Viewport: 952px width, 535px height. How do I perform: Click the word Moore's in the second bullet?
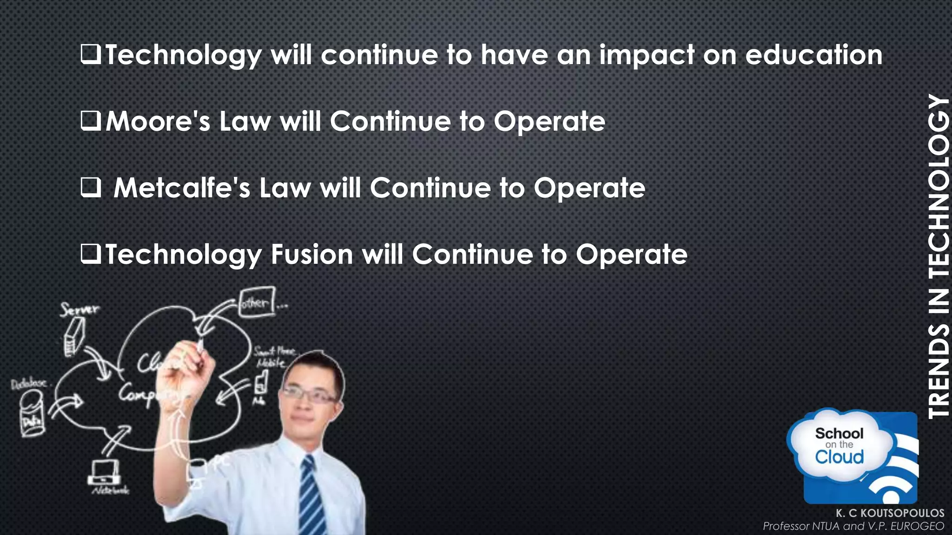158,122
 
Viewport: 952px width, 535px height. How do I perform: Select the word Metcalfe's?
182,188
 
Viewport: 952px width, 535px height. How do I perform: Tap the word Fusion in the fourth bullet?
312,254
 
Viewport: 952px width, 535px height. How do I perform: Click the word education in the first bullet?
813,55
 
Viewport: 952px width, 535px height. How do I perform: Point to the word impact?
646,56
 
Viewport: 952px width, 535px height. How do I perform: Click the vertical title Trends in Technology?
938,255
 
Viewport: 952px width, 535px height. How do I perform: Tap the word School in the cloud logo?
839,433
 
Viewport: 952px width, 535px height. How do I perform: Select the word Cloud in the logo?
839,457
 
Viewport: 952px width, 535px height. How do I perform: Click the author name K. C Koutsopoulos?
890,513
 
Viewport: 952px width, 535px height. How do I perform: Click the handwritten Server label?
79,309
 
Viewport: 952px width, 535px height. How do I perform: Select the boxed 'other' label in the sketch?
257,303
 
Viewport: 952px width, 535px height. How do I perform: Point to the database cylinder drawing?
32,413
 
